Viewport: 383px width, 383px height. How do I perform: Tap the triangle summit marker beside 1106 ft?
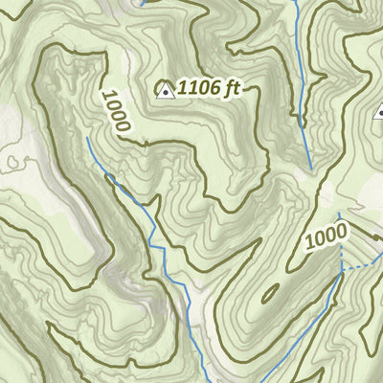click(165, 91)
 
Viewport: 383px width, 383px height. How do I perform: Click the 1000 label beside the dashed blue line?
click(327, 237)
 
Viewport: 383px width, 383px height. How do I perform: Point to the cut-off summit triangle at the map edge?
click(379, 113)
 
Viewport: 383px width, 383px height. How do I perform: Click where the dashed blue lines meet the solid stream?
click(342, 273)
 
